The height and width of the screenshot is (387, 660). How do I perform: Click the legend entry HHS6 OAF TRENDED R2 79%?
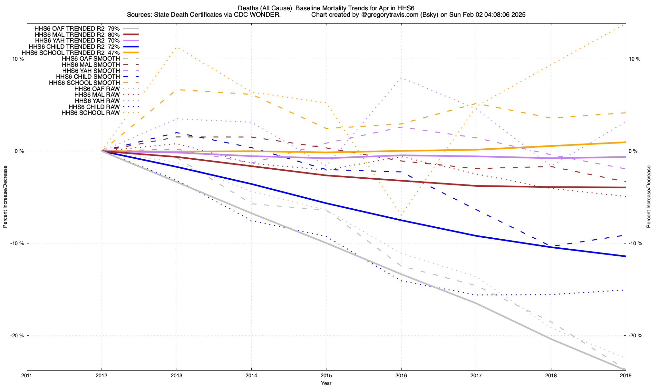[77, 28]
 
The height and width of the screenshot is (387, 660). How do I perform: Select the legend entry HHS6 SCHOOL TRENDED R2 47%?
[71, 53]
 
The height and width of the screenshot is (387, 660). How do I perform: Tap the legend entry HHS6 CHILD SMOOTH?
[88, 77]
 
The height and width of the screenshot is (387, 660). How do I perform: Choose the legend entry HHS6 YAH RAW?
[97, 101]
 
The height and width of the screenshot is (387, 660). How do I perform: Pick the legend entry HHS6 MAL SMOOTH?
[91, 65]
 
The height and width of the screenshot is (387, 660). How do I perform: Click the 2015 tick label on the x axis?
[326, 375]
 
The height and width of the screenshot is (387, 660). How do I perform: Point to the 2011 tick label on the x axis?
[27, 375]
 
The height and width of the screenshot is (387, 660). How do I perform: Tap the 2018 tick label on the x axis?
[551, 375]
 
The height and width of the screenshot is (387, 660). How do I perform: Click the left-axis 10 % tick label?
[18, 59]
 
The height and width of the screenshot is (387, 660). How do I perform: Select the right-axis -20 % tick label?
[636, 336]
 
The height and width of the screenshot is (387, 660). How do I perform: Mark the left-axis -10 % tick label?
[17, 243]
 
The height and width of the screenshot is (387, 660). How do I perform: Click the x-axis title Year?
[326, 383]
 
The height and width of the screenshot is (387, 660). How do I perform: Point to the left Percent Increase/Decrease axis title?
[5, 197]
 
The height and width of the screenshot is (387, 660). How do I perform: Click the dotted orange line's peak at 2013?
[177, 48]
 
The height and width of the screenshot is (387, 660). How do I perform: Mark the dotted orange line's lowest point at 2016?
[401, 215]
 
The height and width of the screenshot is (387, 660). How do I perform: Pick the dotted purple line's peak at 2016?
[401, 78]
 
